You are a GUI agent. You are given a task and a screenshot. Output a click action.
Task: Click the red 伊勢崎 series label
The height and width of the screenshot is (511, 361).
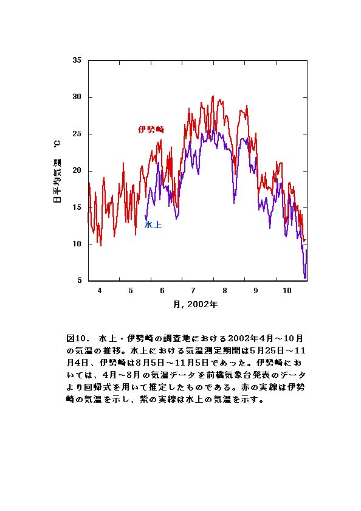point(151,130)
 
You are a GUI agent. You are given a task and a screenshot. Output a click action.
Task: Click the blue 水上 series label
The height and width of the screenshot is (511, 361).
point(153,224)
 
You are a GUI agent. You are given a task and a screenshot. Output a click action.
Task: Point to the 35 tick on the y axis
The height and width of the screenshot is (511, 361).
point(77,60)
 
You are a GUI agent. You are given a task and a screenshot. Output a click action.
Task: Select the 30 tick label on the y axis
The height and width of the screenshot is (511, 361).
point(77,97)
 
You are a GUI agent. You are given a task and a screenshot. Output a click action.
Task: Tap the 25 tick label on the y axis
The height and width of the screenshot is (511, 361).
point(77,134)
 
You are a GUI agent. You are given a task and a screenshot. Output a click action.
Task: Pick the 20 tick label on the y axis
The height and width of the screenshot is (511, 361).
point(77,171)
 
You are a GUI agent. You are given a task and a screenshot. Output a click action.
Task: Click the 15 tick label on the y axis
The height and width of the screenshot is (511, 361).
point(77,207)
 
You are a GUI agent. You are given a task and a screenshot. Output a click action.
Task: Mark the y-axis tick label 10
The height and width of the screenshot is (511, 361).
point(77,244)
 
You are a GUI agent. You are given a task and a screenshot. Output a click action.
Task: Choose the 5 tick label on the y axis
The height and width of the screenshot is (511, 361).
point(80,280)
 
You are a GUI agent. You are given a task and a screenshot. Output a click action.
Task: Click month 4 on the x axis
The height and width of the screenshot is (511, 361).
point(100,291)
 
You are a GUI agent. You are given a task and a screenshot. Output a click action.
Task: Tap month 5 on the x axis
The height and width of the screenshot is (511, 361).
point(131,291)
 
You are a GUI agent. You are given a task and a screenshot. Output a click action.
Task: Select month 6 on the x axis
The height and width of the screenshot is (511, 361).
point(162,291)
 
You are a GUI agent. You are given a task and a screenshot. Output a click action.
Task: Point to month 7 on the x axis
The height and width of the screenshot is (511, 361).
point(193,291)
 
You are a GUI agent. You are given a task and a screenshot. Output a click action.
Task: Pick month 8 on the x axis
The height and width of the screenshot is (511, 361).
point(225,291)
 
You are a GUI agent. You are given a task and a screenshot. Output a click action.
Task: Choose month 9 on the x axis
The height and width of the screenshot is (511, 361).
point(256,291)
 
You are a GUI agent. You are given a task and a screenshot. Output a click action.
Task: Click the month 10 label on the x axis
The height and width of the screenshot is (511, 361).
point(287,291)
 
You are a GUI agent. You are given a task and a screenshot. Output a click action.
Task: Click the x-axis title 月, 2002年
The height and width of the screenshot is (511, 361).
point(195,304)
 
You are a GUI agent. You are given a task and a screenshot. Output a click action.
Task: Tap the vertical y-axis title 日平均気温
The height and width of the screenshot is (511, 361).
point(57,181)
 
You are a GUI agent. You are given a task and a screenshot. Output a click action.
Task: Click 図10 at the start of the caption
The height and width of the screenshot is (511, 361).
point(76,338)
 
